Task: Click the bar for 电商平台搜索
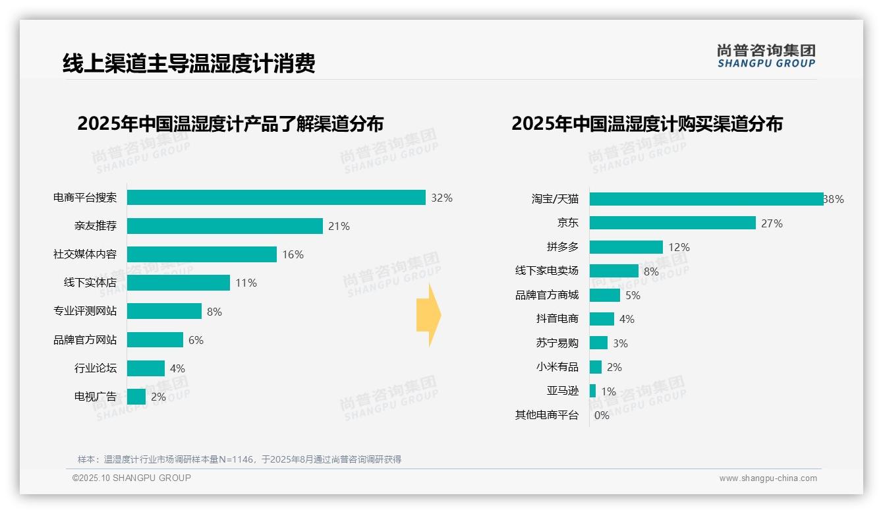pos(276,198)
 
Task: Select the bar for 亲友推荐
pos(225,226)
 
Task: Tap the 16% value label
pos(293,254)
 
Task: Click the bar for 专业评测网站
pos(164,311)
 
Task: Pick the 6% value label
pos(196,340)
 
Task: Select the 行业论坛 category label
pos(95,368)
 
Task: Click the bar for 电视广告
pos(136,397)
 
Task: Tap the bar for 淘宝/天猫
pos(706,199)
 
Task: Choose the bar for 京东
pos(672,223)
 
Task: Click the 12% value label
pos(679,247)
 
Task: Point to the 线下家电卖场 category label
pos(546,271)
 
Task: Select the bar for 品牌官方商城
pos(605,295)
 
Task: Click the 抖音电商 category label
pos(557,319)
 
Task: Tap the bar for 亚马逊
pos(592,391)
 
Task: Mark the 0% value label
pos(602,415)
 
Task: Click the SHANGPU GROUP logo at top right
pos(766,56)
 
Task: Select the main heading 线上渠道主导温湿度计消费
pos(188,63)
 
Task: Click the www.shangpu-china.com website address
pos(768,478)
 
